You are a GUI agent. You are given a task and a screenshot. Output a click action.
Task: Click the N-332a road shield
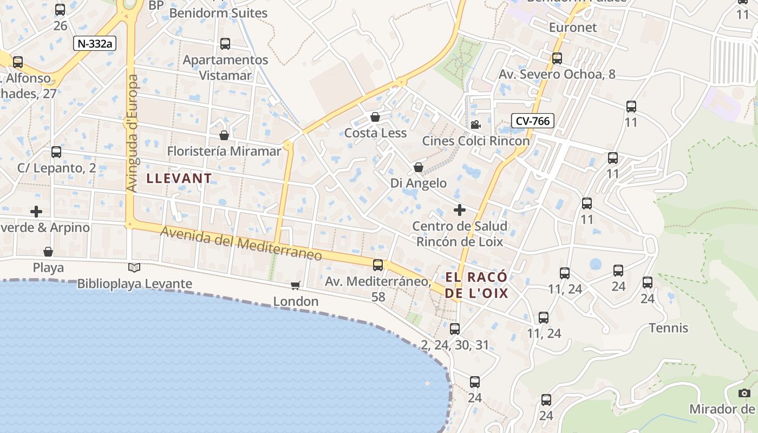95,44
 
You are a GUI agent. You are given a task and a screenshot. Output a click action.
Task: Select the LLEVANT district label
179,178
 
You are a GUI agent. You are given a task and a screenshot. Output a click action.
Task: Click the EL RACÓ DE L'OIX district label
477,285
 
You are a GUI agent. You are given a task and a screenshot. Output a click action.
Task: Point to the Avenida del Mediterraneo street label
241,243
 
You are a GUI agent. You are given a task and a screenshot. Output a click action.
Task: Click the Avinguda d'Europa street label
133,133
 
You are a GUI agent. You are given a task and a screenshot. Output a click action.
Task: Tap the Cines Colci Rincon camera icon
475,125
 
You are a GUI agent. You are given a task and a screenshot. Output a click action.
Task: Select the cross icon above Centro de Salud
460,209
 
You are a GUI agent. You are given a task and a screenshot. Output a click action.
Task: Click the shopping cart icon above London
296,285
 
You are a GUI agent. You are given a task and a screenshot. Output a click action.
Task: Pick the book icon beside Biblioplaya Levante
134,267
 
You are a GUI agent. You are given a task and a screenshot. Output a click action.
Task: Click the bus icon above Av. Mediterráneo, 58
378,265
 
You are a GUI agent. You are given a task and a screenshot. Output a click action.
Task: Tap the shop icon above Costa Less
375,117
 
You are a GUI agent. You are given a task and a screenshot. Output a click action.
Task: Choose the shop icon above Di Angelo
419,167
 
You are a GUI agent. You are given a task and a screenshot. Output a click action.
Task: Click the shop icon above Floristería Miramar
224,135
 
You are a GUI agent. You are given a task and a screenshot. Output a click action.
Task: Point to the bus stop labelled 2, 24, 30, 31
455,329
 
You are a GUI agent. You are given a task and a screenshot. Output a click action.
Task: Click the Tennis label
669,328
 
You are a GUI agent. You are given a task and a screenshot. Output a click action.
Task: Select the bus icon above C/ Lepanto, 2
56,152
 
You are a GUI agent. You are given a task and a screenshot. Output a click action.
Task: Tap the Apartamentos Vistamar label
225,68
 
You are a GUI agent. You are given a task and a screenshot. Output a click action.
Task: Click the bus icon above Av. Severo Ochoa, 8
557,58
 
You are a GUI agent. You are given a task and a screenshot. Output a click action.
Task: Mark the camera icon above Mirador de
744,393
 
